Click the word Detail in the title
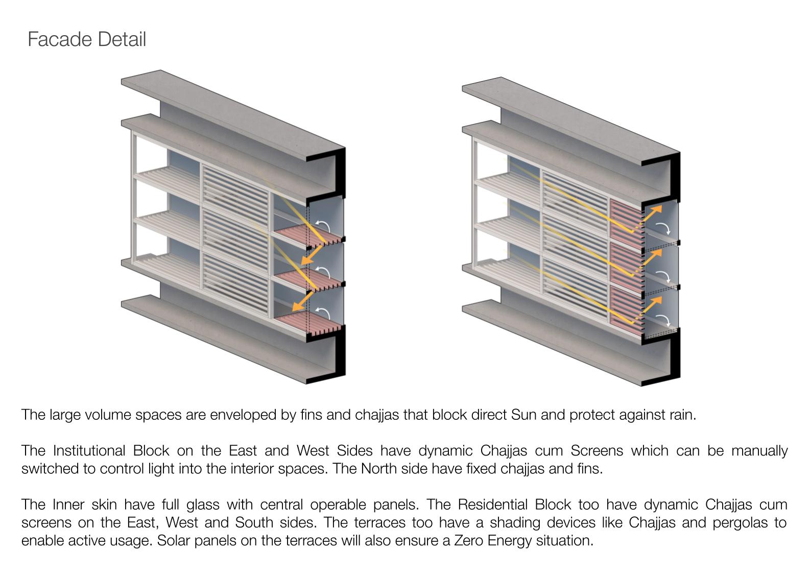[x=123, y=39]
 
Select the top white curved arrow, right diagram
[x=663, y=227]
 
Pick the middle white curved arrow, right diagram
[x=663, y=276]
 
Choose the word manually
[x=759, y=451]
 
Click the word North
[x=378, y=468]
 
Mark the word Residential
[x=514, y=505]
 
